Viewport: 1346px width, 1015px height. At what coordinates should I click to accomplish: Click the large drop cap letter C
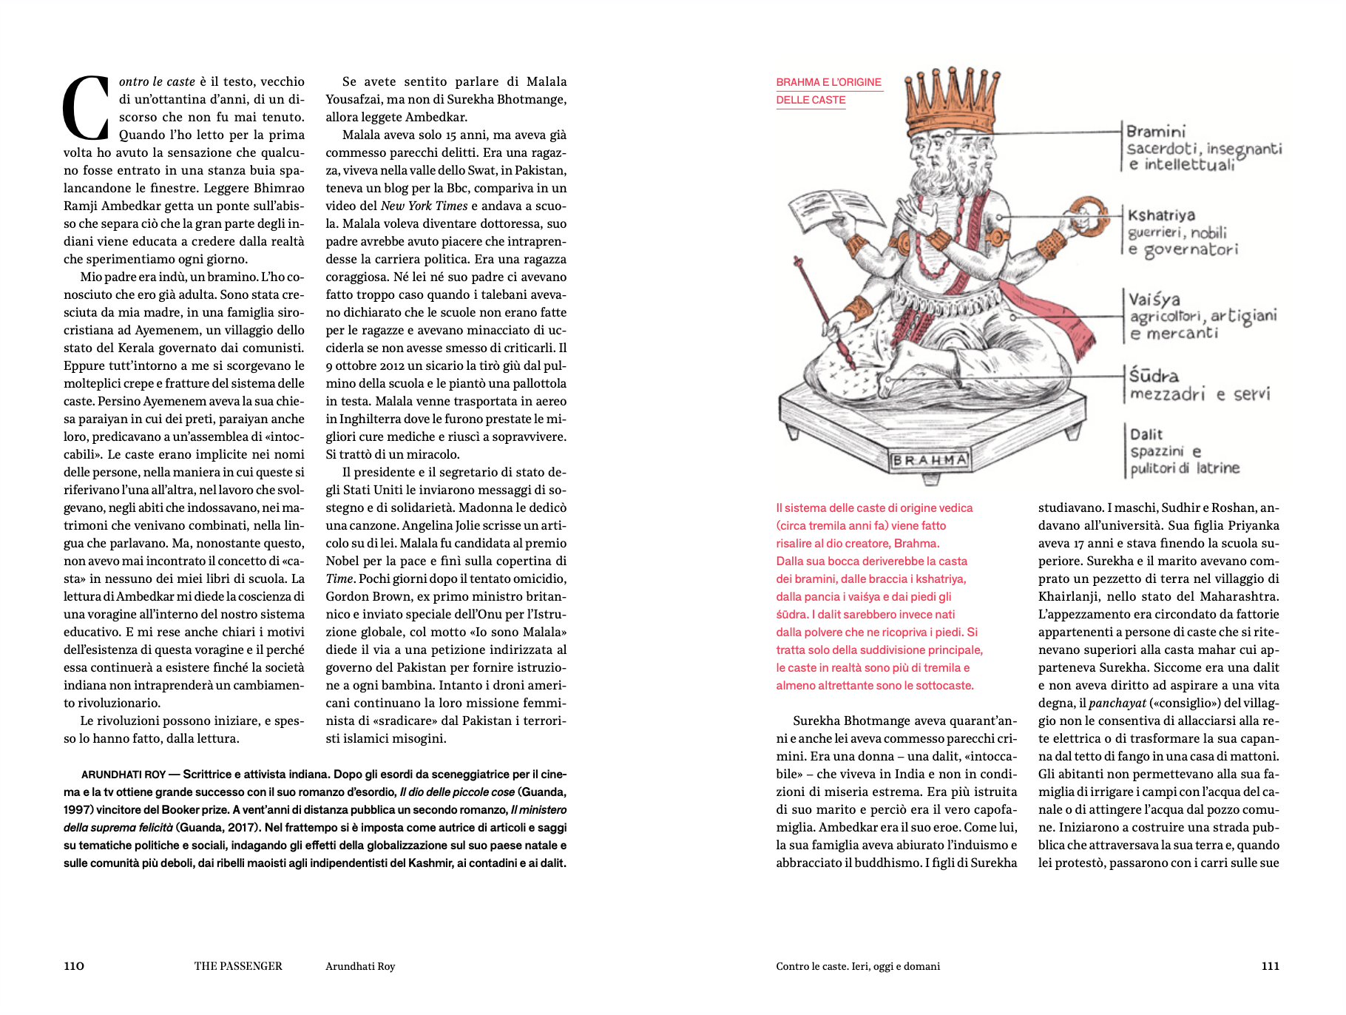pyautogui.click(x=87, y=108)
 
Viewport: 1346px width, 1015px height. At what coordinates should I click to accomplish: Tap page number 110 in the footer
pyautogui.click(x=74, y=966)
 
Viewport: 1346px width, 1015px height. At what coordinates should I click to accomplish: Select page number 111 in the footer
pyautogui.click(x=1270, y=966)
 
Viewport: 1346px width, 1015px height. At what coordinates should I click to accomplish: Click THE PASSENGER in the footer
pyautogui.click(x=238, y=966)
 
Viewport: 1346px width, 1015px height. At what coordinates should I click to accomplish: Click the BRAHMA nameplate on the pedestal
pyautogui.click(x=930, y=460)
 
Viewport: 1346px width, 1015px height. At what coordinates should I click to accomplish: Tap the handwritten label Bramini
pyautogui.click(x=1156, y=132)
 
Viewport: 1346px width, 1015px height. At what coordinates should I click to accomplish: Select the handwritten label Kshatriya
pyautogui.click(x=1161, y=215)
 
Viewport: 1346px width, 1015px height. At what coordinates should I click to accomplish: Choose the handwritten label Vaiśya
pyautogui.click(x=1154, y=300)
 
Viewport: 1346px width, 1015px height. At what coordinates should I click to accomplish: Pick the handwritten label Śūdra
pyautogui.click(x=1154, y=376)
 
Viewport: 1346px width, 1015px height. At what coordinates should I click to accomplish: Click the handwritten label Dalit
pyautogui.click(x=1146, y=434)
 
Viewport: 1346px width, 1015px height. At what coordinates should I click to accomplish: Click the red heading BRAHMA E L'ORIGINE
pyautogui.click(x=828, y=82)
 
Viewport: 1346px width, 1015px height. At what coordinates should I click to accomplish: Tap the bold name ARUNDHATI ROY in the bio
pyautogui.click(x=124, y=775)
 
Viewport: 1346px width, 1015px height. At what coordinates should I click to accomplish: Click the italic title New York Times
pyautogui.click(x=424, y=206)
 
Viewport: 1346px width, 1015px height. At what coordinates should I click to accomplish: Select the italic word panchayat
pyautogui.click(x=1117, y=703)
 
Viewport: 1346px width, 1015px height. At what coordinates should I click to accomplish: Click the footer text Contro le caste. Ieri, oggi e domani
pyautogui.click(x=858, y=966)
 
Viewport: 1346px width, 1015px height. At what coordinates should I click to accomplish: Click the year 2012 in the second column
pyautogui.click(x=392, y=365)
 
